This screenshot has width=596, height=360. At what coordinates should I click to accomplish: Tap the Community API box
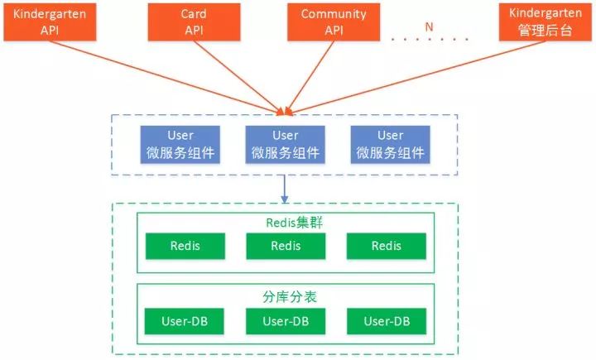(x=334, y=22)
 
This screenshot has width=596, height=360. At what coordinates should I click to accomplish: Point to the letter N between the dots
(x=429, y=26)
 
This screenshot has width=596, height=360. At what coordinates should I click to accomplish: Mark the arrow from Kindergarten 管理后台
(x=414, y=75)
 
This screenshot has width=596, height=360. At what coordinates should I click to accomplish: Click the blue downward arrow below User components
(x=285, y=188)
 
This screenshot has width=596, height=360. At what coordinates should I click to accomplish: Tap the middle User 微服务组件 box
(x=286, y=144)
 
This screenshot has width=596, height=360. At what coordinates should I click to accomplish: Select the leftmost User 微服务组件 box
(x=180, y=144)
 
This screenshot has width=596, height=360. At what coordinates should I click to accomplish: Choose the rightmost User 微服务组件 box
(x=390, y=144)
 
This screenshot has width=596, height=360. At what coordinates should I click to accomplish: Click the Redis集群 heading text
(x=285, y=222)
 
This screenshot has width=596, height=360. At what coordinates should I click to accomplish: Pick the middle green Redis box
(x=286, y=246)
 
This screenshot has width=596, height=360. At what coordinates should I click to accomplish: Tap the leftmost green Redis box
(x=185, y=246)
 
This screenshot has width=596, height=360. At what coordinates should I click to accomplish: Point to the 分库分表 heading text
(x=285, y=295)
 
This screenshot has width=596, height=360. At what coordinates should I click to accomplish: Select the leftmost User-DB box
(x=185, y=320)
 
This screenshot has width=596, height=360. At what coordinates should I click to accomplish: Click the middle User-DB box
(x=286, y=320)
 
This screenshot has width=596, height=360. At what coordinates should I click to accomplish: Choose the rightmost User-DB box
(x=387, y=320)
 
